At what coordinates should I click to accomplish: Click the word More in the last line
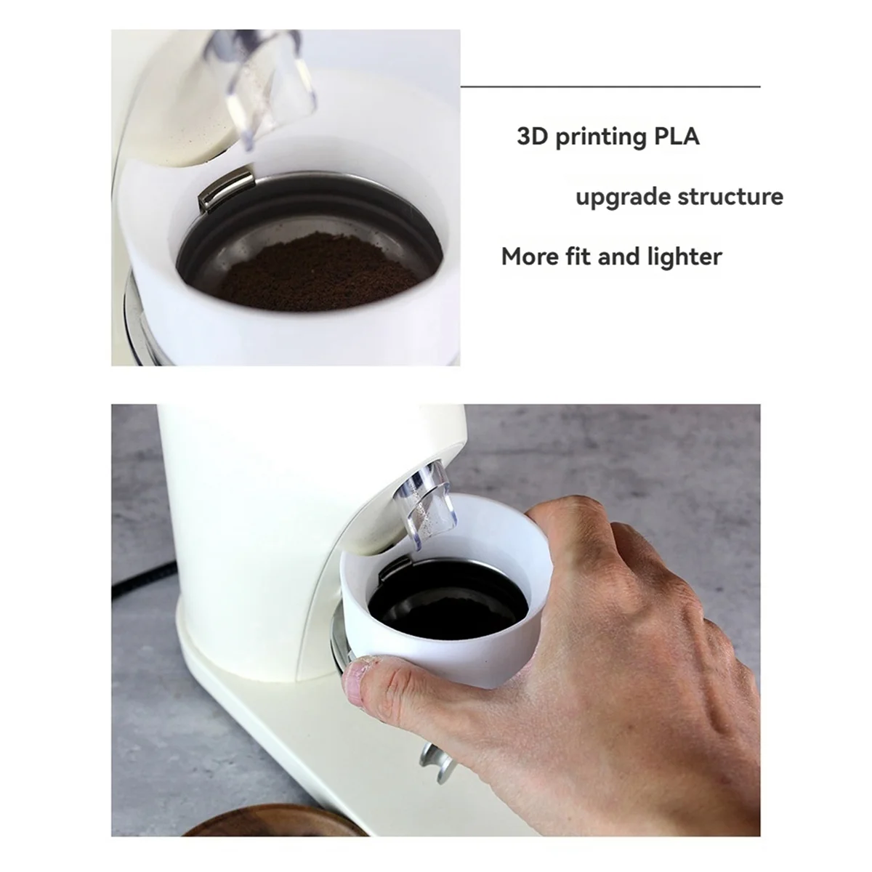coord(530,257)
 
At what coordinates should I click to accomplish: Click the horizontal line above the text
coord(610,86)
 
